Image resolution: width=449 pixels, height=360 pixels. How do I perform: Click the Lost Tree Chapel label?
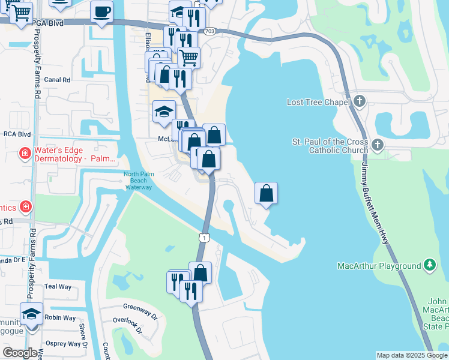318,102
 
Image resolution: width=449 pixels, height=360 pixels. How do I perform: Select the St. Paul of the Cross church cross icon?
378,145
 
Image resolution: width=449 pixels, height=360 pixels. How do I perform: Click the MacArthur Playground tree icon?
430,265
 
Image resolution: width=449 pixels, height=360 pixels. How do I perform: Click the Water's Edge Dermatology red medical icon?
25,153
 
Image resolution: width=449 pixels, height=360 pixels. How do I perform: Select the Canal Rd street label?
58,79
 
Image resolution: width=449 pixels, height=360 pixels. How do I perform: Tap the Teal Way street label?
58,287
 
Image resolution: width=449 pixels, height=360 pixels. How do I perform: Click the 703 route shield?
208,32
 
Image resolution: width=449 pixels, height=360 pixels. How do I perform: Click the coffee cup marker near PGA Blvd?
102,11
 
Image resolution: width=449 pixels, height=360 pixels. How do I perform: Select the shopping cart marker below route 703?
188,58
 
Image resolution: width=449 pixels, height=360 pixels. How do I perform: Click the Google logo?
20,353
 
